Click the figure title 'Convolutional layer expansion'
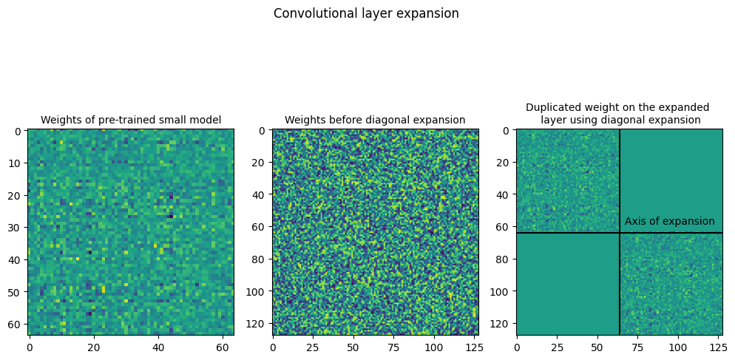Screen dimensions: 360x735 (x=366, y=13)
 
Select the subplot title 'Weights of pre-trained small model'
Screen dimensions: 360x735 (x=131, y=120)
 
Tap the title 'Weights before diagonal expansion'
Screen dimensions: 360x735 (x=375, y=120)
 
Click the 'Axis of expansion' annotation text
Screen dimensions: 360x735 (x=669, y=221)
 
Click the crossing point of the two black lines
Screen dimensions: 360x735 (x=620, y=233)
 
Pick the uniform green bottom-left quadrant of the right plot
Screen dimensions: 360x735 (x=567, y=285)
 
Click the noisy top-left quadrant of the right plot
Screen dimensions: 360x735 (x=567, y=180)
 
